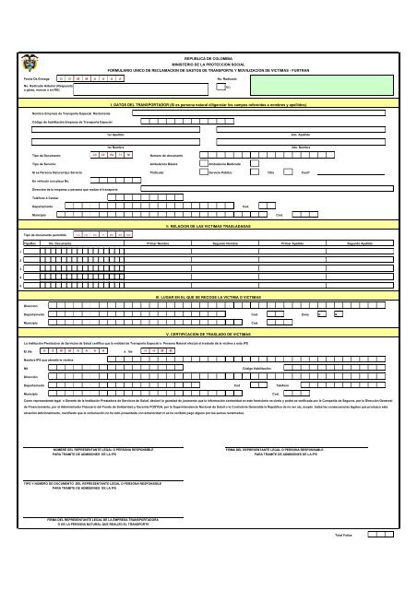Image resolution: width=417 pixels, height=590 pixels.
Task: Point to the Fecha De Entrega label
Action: pyautogui.click(x=36, y=79)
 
